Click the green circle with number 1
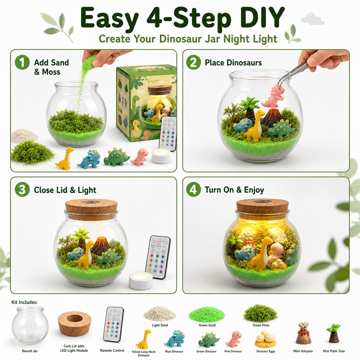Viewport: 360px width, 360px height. coord(22,62)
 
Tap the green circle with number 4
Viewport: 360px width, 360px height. coord(193,189)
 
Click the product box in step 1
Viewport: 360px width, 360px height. coord(146,103)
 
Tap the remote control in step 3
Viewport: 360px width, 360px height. coord(158,257)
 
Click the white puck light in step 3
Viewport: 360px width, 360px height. coord(140,280)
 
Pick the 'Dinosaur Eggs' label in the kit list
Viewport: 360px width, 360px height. coord(265,351)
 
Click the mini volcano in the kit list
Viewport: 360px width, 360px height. coord(303,333)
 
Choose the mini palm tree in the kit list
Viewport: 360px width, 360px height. coord(333,333)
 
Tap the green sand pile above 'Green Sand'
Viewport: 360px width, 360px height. coord(207,314)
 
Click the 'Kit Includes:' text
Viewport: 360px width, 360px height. coord(24,302)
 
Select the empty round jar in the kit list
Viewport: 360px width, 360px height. coord(30,326)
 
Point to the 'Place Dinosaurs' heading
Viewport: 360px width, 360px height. coord(233,63)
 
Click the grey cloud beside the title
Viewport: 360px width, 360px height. coord(312,19)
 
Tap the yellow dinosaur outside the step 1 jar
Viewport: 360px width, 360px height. coord(65,158)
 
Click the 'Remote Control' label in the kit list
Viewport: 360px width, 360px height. coord(112,351)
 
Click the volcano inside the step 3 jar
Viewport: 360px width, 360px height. coord(100,246)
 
